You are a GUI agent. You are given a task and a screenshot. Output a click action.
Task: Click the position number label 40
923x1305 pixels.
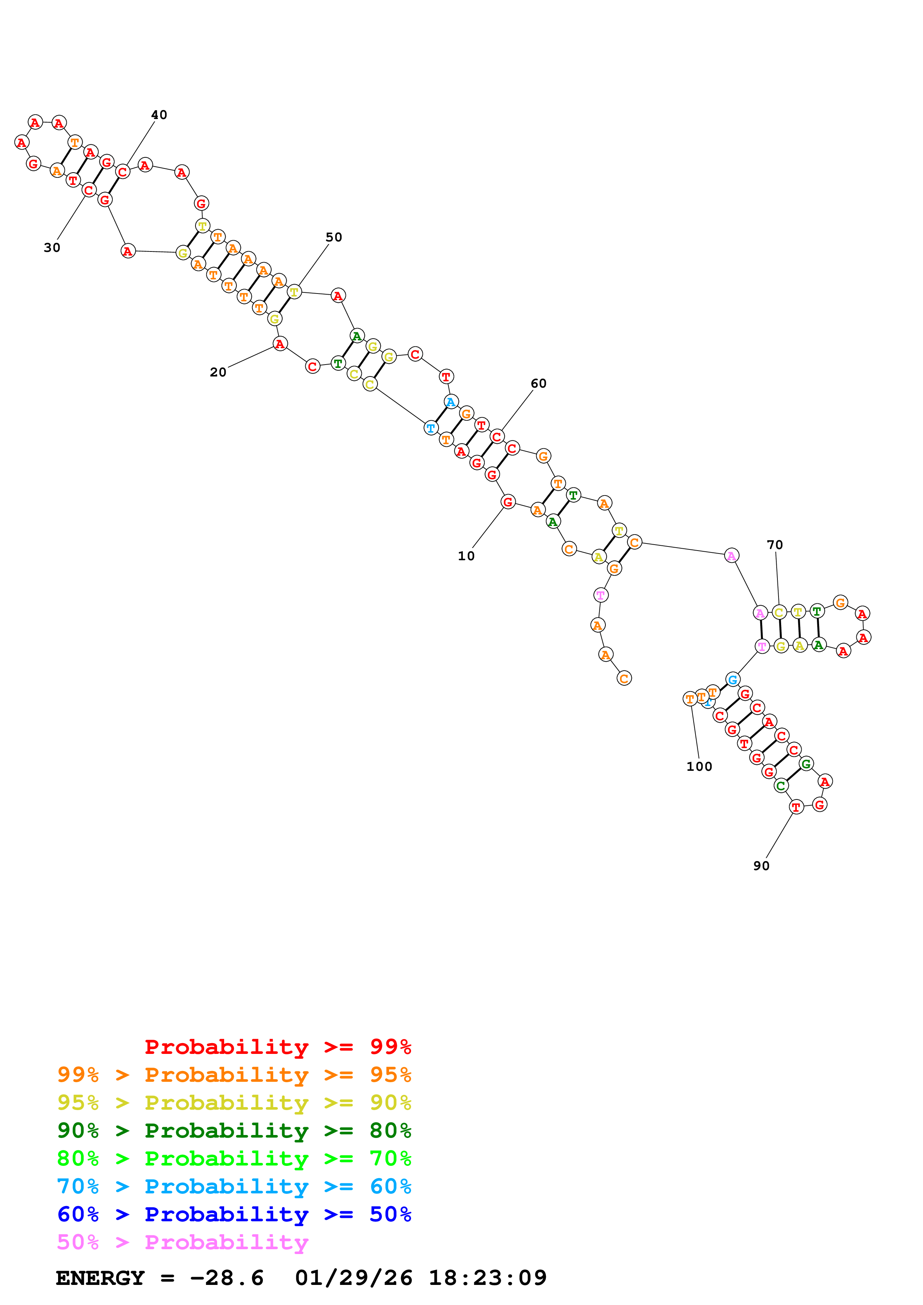[x=159, y=115]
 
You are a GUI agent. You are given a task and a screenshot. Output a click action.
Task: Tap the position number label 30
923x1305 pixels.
[x=52, y=248]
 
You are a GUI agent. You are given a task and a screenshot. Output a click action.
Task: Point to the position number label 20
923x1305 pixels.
[x=218, y=372]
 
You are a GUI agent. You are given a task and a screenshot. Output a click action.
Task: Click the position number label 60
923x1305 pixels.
[x=538, y=384]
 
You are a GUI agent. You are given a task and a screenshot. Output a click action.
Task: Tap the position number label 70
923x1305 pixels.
[x=774, y=545]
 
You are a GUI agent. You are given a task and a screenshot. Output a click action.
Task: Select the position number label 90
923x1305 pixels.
[x=761, y=866]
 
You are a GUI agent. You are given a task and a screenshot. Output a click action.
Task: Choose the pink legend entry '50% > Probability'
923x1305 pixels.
[x=182, y=1243]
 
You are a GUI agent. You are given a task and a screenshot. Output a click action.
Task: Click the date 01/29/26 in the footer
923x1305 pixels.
[x=353, y=1278]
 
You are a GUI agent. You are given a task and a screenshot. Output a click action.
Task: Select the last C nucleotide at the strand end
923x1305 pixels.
[x=624, y=679]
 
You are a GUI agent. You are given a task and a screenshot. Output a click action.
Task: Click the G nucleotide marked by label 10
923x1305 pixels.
[x=508, y=502]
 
